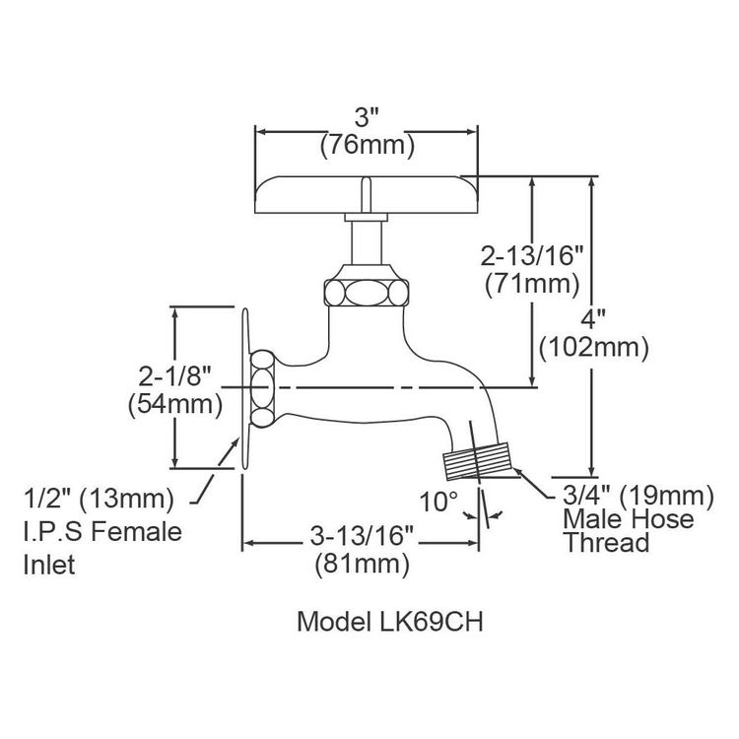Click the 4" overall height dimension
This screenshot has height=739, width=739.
tap(592, 318)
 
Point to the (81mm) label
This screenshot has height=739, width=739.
tap(360, 566)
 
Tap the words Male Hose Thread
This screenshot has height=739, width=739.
tap(628, 531)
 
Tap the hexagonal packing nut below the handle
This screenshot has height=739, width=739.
tap(367, 291)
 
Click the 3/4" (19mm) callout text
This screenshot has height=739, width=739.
tap(636, 494)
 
